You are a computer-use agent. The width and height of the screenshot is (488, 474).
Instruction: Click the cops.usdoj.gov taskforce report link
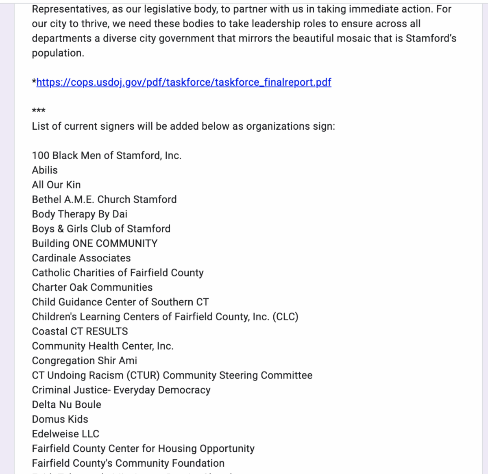click(184, 83)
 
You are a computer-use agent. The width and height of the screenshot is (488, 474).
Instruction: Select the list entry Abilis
click(45, 170)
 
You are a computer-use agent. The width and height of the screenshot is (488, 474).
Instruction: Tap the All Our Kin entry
click(56, 185)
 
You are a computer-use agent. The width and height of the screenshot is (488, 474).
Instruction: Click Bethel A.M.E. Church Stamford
click(104, 200)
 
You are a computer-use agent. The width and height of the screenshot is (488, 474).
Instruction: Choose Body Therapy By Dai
click(79, 214)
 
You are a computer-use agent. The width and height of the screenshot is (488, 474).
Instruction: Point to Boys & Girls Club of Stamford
click(101, 229)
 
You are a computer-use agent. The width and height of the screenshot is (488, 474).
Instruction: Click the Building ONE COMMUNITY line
click(94, 244)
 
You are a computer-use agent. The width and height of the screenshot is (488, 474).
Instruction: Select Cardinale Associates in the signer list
click(81, 258)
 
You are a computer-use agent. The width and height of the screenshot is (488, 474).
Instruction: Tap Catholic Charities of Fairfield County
click(118, 273)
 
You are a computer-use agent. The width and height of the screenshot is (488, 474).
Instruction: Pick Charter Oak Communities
click(92, 287)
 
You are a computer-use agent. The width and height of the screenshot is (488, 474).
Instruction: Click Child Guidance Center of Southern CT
click(120, 302)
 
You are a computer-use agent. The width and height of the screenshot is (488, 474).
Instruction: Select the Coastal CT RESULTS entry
click(80, 331)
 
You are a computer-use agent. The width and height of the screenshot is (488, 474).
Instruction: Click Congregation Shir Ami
click(84, 361)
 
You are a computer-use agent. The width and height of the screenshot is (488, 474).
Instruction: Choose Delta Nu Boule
click(66, 404)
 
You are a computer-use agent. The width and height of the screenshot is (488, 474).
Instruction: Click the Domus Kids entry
click(60, 419)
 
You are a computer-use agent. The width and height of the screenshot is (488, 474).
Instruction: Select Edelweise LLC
click(65, 434)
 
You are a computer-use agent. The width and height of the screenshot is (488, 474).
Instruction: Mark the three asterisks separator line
click(39, 111)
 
